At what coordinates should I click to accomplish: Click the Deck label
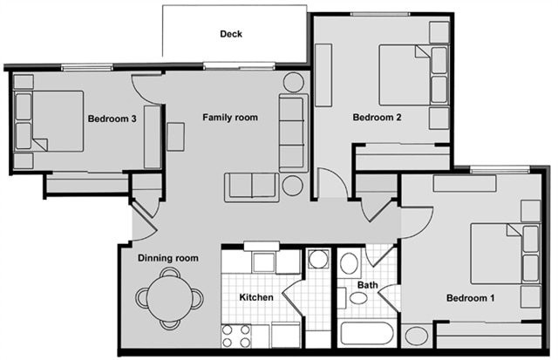230,35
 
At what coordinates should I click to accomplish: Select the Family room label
230,117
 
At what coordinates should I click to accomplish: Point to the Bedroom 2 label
377,118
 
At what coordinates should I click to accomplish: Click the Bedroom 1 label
471,298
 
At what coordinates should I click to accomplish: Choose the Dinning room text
168,258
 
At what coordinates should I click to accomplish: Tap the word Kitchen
257,298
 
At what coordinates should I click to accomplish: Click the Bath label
368,285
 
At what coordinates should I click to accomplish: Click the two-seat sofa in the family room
251,187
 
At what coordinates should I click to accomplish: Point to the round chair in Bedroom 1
417,335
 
